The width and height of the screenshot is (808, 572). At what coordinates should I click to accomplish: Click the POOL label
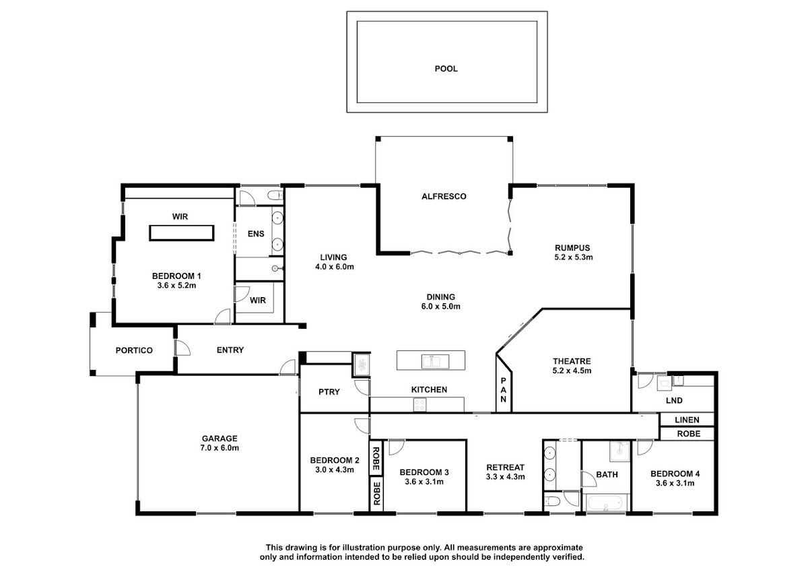(x=446, y=69)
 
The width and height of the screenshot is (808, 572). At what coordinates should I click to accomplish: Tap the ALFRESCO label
(x=444, y=196)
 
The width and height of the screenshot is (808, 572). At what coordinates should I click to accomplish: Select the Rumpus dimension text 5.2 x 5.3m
(x=573, y=257)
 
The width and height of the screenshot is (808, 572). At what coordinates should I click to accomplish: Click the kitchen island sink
(x=435, y=361)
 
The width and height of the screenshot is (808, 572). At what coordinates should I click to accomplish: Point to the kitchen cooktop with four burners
(x=419, y=404)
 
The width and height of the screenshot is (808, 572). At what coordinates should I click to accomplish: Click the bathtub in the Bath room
(x=605, y=503)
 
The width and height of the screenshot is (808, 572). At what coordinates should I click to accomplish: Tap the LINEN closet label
(x=687, y=420)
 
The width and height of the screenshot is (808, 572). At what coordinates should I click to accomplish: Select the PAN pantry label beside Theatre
(x=503, y=389)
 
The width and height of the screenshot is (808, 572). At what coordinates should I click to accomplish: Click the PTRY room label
(x=329, y=392)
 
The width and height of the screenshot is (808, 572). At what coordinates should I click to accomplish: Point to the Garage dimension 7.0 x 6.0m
(x=220, y=448)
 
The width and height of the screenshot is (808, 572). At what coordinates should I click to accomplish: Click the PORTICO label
(x=134, y=350)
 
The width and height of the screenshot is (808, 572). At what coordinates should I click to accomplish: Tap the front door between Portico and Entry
(x=182, y=348)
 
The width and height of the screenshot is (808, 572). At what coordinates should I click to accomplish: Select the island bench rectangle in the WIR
(x=181, y=233)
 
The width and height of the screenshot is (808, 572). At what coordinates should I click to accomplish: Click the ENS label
(x=256, y=234)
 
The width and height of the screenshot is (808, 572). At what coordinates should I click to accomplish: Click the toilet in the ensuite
(x=275, y=195)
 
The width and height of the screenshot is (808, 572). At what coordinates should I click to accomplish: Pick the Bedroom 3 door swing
(x=397, y=447)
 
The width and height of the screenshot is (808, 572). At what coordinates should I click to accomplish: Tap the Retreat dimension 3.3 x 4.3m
(x=505, y=477)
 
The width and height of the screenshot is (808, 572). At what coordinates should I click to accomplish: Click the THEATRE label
(x=572, y=361)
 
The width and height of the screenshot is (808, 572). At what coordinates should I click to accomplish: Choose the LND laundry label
(x=674, y=401)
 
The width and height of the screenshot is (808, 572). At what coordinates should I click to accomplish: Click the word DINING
(x=440, y=297)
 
